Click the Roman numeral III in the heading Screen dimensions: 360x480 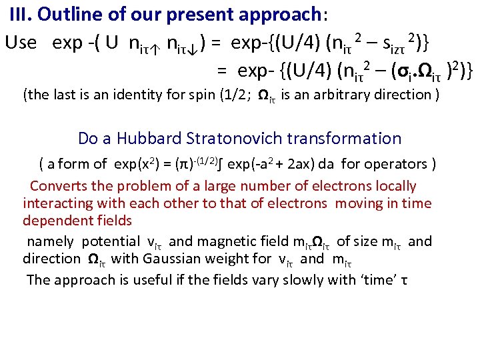point(22,15)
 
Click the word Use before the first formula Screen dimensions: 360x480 point(21,43)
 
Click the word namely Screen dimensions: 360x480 point(49,241)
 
